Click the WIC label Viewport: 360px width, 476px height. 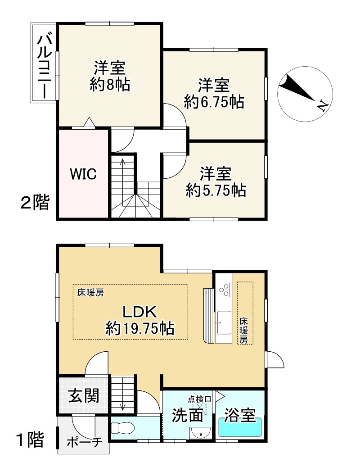point(83,174)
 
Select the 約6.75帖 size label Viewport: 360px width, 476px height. point(214,102)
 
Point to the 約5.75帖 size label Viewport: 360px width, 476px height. point(216,190)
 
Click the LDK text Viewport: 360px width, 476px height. point(139,312)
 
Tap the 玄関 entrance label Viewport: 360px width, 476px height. point(83,395)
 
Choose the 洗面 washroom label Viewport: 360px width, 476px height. point(187,415)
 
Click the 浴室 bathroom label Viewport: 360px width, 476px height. point(239,415)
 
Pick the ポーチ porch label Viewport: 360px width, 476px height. point(85,442)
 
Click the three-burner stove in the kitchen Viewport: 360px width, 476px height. point(224,290)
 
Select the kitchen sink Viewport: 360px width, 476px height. point(223,322)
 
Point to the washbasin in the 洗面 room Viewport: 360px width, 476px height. point(200,433)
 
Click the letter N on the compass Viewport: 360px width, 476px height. point(322,105)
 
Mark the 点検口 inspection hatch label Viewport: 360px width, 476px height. point(199,399)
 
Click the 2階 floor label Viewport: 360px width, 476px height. point(35,202)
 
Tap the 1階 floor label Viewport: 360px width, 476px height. point(31,439)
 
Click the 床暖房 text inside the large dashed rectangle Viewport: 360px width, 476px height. point(90,293)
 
